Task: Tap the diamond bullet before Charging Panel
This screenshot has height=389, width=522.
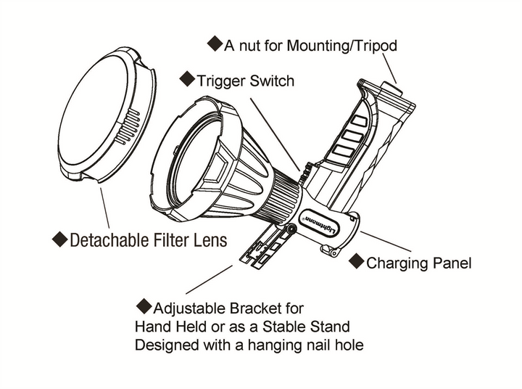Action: [x=357, y=261]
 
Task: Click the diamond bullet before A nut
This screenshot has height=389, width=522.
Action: [x=215, y=44]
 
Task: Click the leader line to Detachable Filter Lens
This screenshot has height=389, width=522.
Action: [x=104, y=206]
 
